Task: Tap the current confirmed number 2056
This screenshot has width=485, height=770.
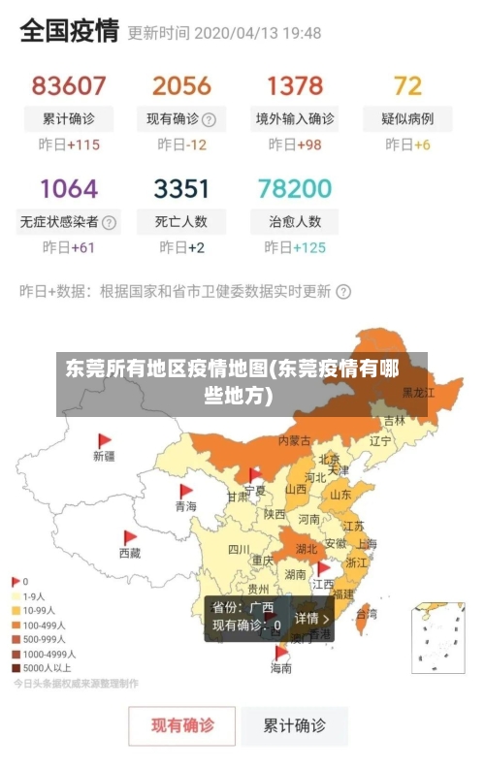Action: click(x=181, y=86)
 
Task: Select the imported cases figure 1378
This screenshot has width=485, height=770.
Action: click(x=295, y=86)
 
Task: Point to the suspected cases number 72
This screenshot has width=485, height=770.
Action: click(x=407, y=86)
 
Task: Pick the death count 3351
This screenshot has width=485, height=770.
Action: click(x=181, y=187)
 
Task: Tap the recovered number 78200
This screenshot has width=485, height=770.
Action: click(x=295, y=187)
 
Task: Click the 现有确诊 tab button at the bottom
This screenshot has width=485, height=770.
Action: click(x=182, y=724)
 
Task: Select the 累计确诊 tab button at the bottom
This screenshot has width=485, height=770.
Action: click(x=295, y=724)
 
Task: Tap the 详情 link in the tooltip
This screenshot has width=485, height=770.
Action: click(x=312, y=618)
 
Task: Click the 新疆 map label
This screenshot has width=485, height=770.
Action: click(x=104, y=456)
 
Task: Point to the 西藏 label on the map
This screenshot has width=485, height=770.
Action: click(x=129, y=553)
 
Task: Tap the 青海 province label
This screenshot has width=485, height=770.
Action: click(x=185, y=506)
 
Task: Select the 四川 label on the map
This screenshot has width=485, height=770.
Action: click(x=239, y=549)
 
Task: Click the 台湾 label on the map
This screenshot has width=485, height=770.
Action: click(x=367, y=614)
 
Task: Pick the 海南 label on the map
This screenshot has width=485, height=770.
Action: click(x=280, y=668)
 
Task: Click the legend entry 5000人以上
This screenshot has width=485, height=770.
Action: click(x=46, y=668)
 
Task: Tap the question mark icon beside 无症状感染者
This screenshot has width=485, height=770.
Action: click(x=109, y=222)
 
